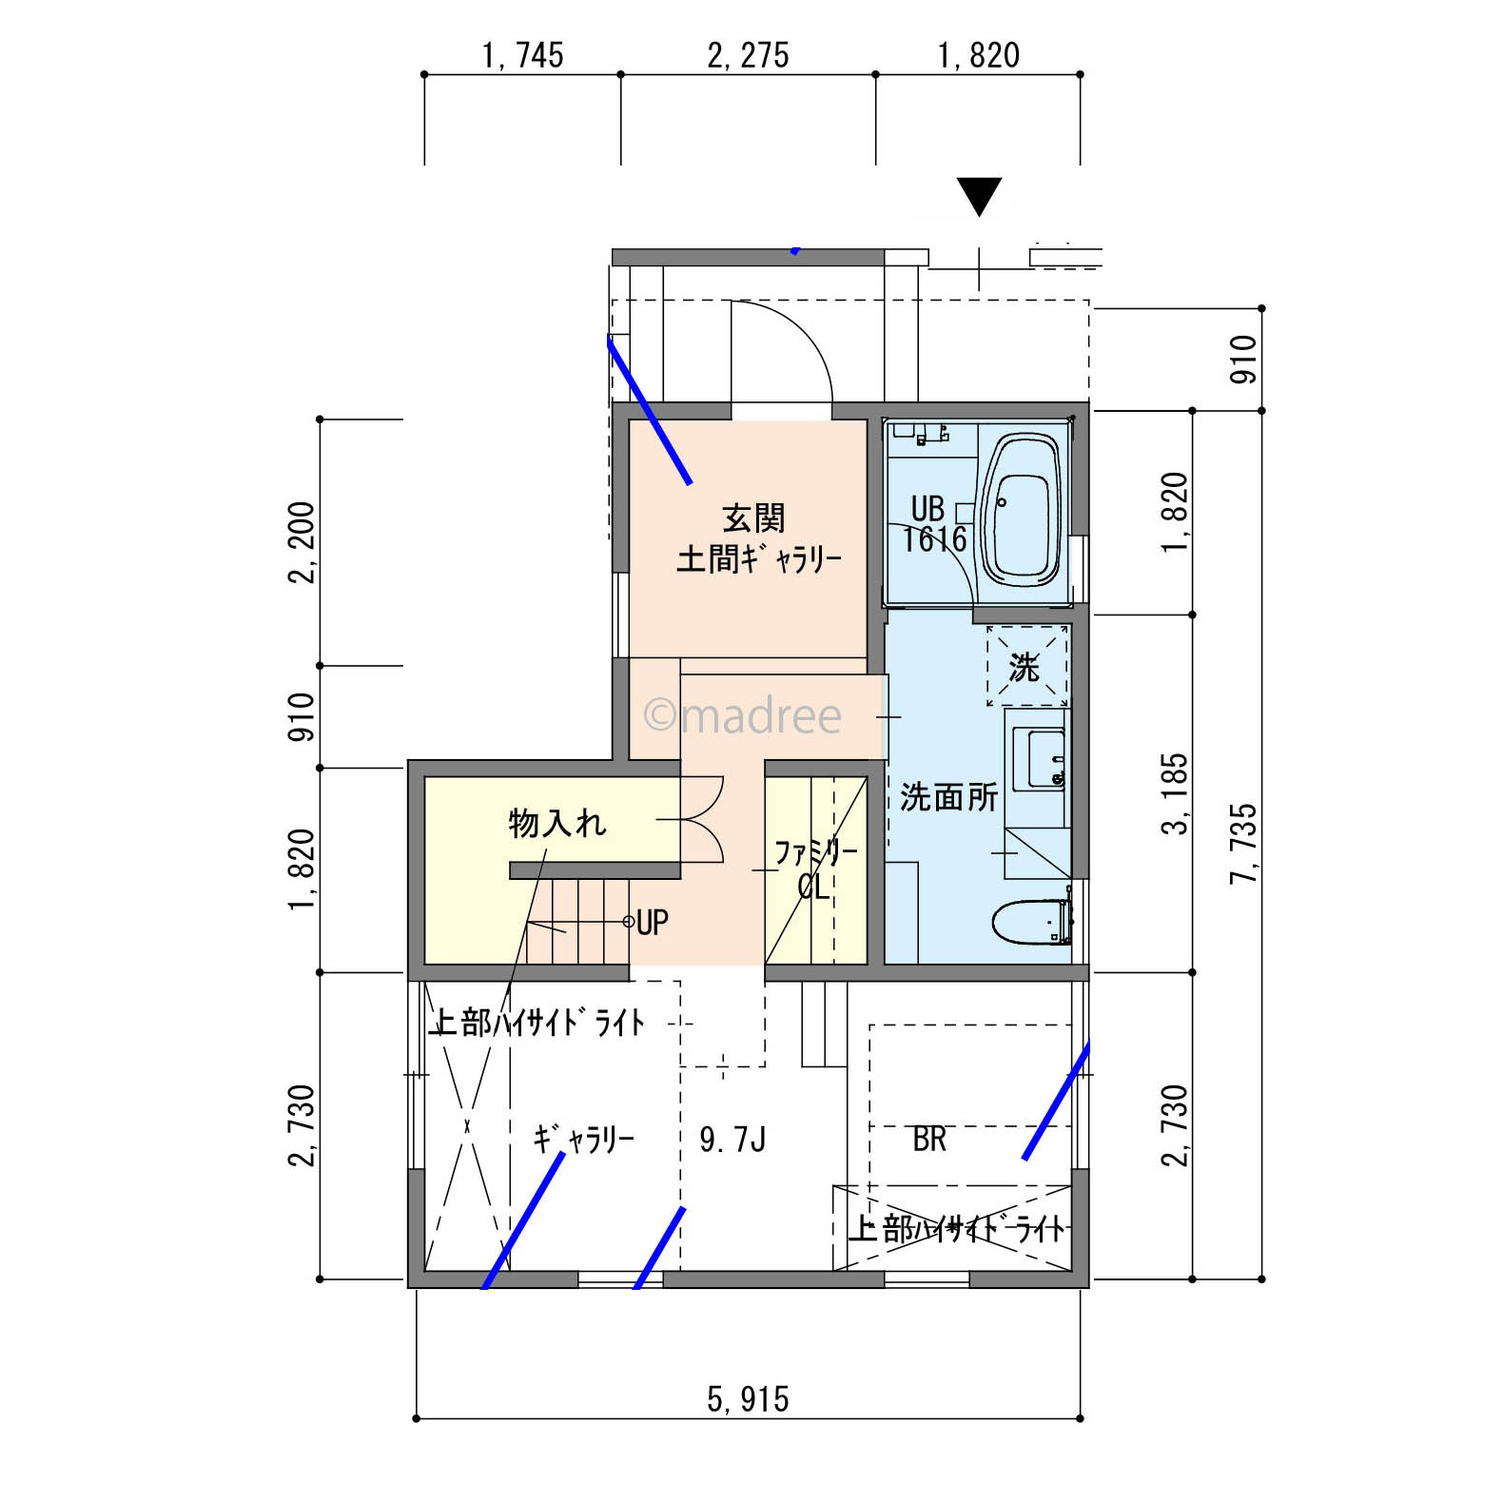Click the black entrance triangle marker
coord(979,196)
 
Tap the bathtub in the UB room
coord(1021,510)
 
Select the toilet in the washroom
coord(1032,921)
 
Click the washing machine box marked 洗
coord(1026,666)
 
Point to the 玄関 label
coord(754,519)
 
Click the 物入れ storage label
coord(557,823)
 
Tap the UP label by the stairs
coord(653,922)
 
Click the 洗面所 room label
coord(948,797)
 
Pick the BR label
coord(929,1139)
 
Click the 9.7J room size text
coord(732,1139)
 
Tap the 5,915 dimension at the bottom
coord(748,1399)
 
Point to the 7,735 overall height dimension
coord(1243,844)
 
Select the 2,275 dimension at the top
coord(748,55)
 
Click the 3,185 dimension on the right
coord(1175,794)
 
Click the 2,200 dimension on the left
coord(303,542)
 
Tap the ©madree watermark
coord(743,715)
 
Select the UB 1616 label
coord(934,524)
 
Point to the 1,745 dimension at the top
coord(522,55)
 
